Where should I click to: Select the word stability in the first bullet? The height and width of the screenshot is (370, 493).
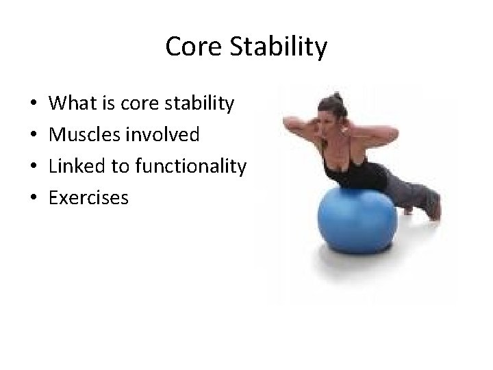click(199, 104)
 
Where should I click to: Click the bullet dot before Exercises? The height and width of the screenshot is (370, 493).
click(34, 199)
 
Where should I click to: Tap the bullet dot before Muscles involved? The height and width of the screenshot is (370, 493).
click(34, 136)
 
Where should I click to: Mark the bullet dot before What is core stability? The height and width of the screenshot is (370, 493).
click(34, 105)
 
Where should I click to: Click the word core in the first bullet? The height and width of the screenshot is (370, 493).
click(138, 104)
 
